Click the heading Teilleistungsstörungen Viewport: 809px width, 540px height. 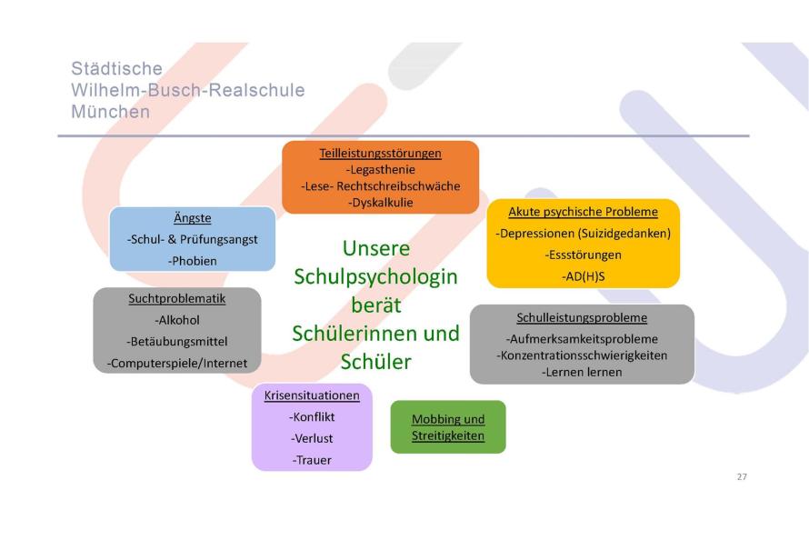tap(380, 153)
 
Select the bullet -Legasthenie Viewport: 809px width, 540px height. tap(380, 170)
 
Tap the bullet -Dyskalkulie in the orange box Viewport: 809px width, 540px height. tap(380, 203)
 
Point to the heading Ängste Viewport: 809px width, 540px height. tap(193, 217)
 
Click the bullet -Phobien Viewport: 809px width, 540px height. tap(193, 261)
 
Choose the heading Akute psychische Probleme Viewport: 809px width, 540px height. tap(583, 212)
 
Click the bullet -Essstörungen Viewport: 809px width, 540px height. tap(583, 255)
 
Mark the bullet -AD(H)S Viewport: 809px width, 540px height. tap(583, 276)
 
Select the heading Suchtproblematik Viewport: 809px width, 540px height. tap(177, 298)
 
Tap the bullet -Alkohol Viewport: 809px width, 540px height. tap(177, 320)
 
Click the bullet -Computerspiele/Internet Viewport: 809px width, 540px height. tap(177, 364)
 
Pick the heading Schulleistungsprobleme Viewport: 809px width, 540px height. tap(582, 317)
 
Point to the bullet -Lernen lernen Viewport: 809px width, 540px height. tap(582, 373)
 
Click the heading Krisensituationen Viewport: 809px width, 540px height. tap(312, 395)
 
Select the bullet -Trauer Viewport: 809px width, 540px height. tap(312, 460)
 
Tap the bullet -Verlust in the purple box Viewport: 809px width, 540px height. tap(312, 438)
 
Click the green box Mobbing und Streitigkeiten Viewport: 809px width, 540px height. tap(448, 427)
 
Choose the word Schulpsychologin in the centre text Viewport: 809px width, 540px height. tap(375, 277)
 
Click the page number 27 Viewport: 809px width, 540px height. tap(742, 477)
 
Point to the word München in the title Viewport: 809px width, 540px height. tap(110, 112)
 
